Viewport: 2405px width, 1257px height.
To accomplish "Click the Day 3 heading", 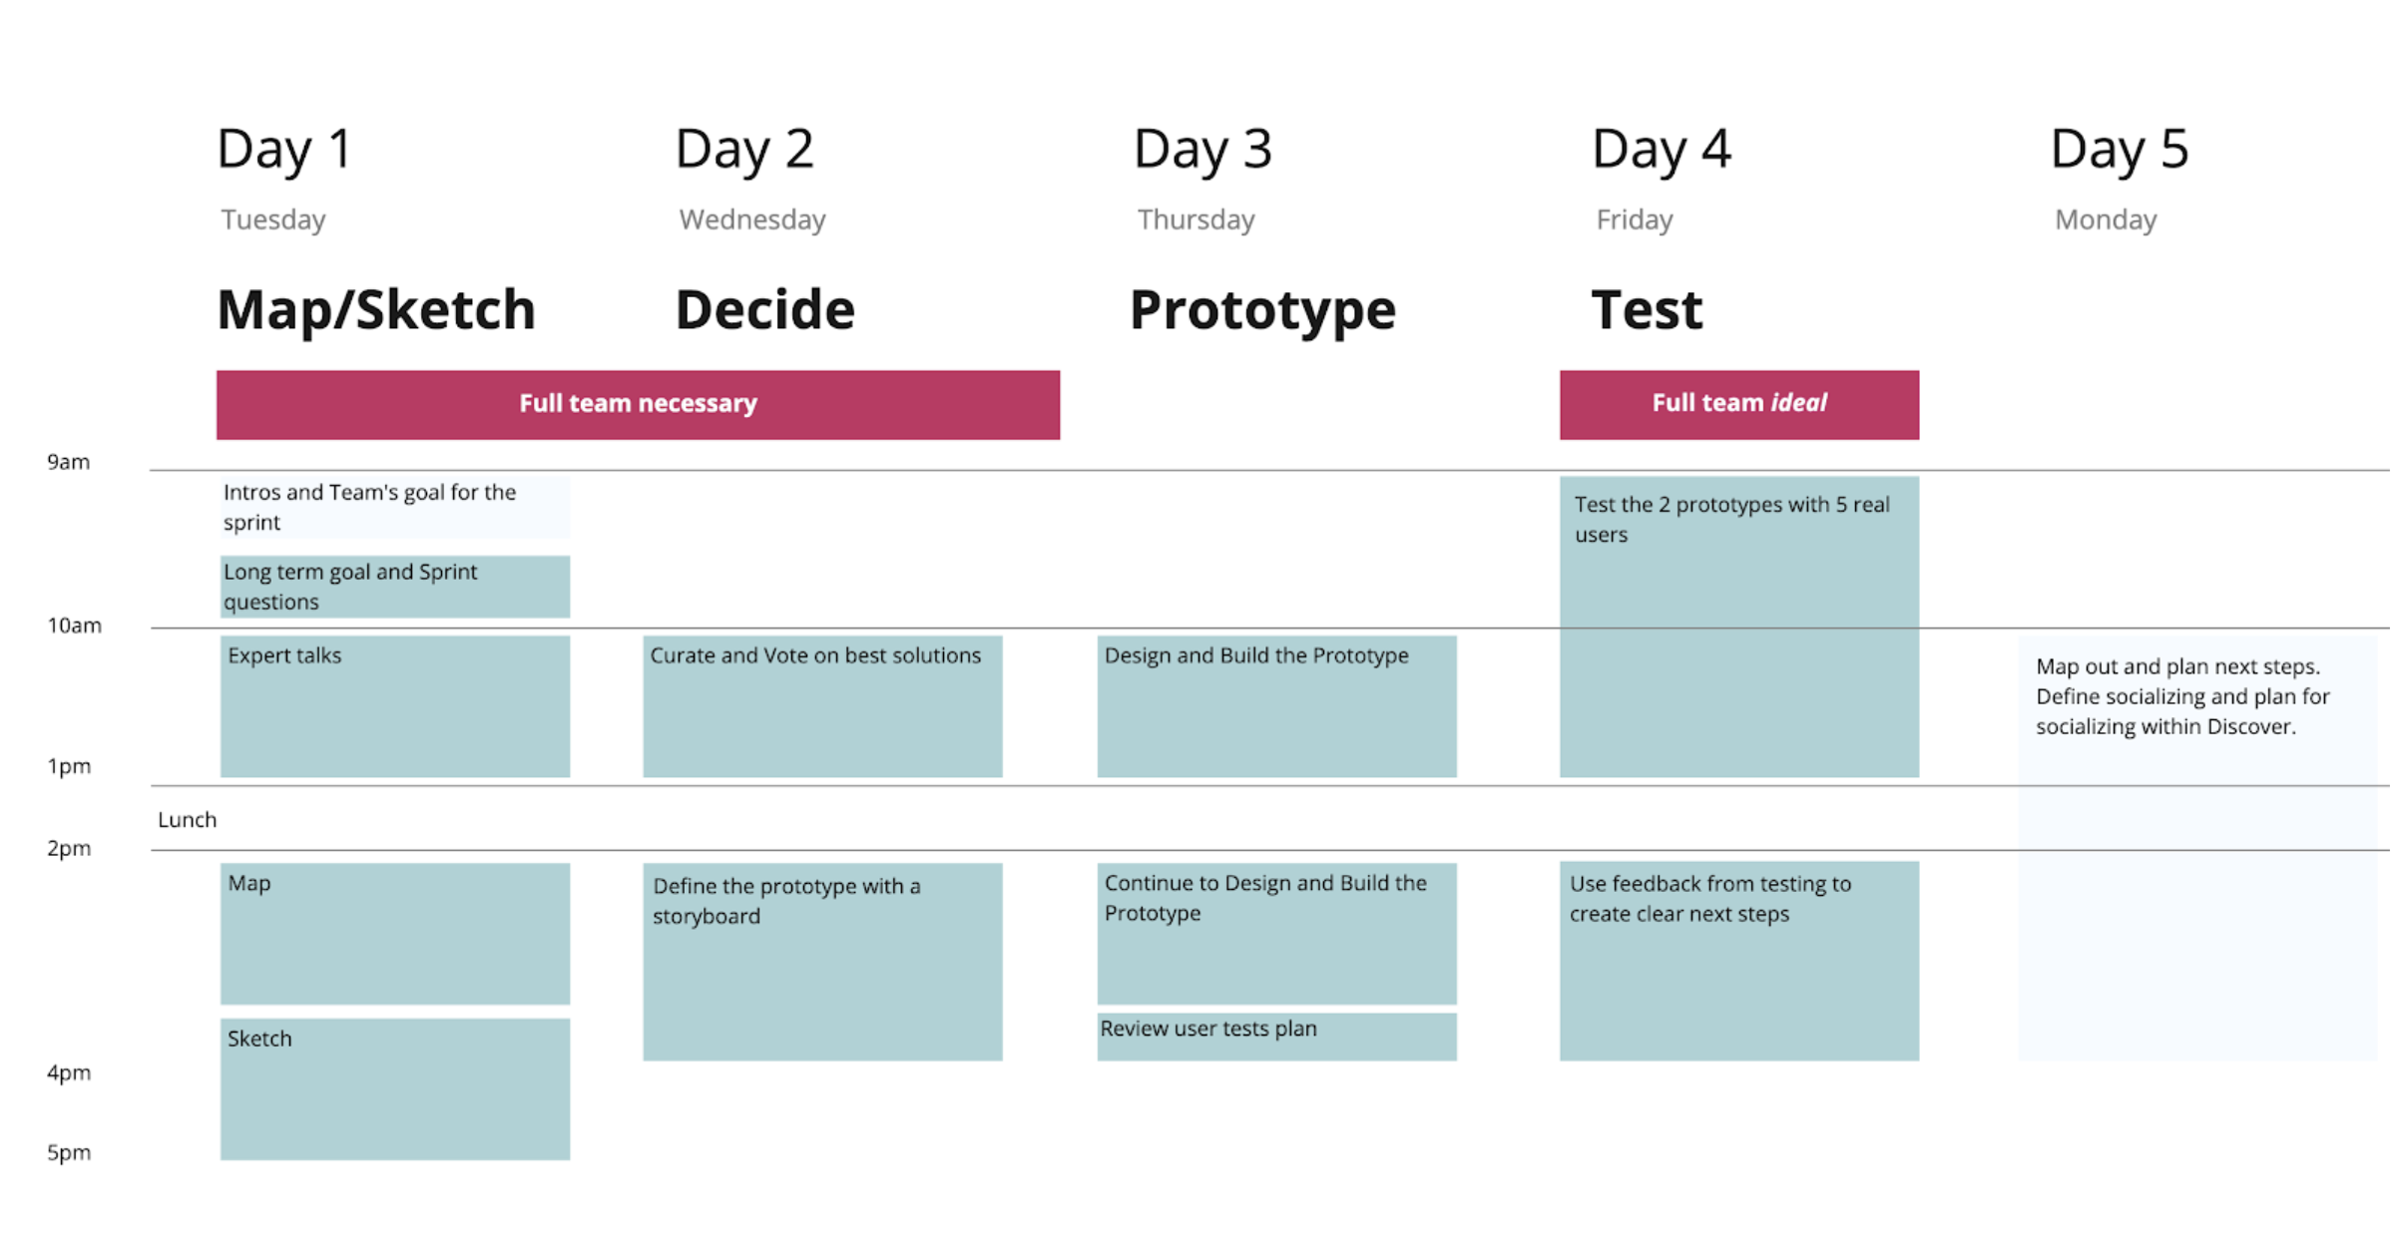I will pyautogui.click(x=1202, y=149).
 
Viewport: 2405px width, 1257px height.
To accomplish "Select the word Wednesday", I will pyautogui.click(x=751, y=219).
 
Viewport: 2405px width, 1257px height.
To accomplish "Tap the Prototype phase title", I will pyautogui.click(x=1261, y=309).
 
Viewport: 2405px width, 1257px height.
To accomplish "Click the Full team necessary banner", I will pyautogui.click(x=638, y=404).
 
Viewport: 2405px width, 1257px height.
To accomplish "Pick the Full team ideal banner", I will pyautogui.click(x=1738, y=404).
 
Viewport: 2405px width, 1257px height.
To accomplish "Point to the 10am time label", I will pyautogui.click(x=74, y=626).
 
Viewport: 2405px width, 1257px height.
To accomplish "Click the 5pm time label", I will pyautogui.click(x=69, y=1152).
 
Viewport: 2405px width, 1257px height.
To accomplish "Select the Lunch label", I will pyautogui.click(x=187, y=819).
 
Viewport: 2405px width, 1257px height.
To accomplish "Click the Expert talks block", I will pyautogui.click(x=395, y=706).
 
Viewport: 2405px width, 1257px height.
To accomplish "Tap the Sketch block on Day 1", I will pyautogui.click(x=395, y=1088).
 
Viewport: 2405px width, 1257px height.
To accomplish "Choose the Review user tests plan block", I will pyautogui.click(x=1276, y=1036).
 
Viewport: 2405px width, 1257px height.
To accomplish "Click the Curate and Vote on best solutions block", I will pyautogui.click(x=822, y=706).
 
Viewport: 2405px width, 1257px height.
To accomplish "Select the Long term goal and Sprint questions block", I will pyautogui.click(x=395, y=587).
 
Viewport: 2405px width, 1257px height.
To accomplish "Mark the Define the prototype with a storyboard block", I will pyautogui.click(x=822, y=961).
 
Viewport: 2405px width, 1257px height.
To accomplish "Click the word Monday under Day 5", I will pyautogui.click(x=2105, y=219).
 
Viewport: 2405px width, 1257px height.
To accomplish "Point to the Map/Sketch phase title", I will pyautogui.click(x=375, y=309).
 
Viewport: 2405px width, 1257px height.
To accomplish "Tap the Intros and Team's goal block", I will pyautogui.click(x=395, y=507).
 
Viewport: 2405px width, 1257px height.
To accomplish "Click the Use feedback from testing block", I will pyautogui.click(x=1738, y=961).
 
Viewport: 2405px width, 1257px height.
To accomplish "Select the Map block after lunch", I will pyautogui.click(x=395, y=933).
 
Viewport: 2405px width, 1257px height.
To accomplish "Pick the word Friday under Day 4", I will pyautogui.click(x=1634, y=219).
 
